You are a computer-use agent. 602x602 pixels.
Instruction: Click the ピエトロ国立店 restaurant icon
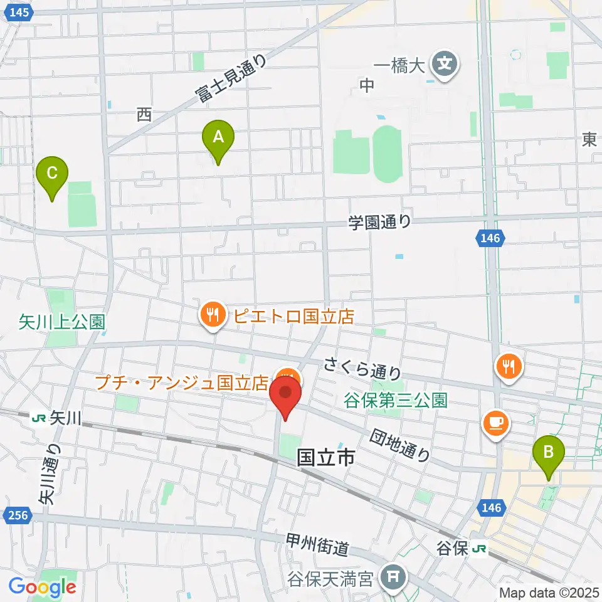213,315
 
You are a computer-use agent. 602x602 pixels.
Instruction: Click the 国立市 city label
325,458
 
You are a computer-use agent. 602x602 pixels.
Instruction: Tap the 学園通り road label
380,221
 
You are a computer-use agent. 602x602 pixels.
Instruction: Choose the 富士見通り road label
230,79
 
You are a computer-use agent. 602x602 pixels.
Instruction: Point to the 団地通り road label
400,445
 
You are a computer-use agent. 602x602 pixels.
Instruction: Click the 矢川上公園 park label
61,323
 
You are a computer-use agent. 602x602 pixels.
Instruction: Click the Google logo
43,587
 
